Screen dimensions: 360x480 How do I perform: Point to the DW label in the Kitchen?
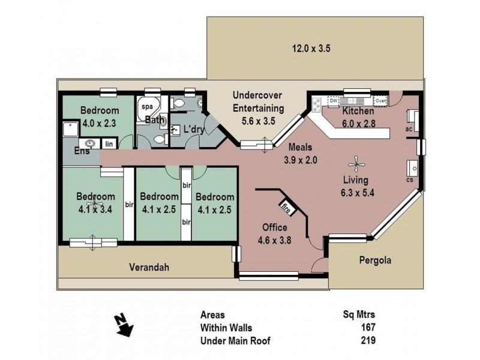(334, 100)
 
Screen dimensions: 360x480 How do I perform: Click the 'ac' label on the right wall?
(408, 128)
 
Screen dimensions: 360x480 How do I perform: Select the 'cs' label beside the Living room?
(410, 179)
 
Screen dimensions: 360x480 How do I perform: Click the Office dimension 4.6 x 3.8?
(274, 239)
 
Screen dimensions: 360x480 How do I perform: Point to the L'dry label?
(194, 129)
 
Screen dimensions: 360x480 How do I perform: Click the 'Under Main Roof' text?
(235, 340)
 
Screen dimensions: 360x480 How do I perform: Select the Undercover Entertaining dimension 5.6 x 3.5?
(257, 120)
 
